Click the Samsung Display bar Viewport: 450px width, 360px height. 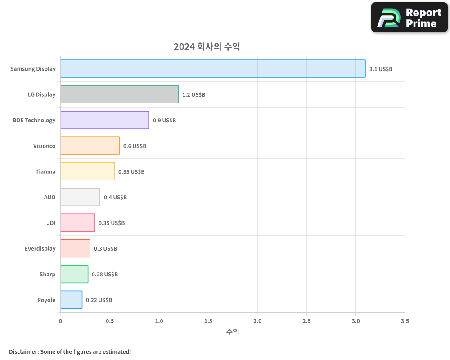[213, 68]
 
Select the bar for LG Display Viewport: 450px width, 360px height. [119, 94]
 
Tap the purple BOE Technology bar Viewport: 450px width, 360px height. [104, 120]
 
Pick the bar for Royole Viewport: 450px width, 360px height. [71, 300]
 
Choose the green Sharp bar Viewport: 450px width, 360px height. [74, 274]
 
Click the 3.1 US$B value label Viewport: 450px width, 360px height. [381, 69]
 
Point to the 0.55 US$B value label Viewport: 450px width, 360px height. [131, 171]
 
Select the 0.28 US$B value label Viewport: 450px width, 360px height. [105, 274]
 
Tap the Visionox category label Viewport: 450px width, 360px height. [44, 146]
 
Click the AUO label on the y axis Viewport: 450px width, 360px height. [49, 197]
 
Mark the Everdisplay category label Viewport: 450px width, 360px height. [40, 248]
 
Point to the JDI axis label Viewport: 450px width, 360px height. [51, 223]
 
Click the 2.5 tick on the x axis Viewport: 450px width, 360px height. [306, 321]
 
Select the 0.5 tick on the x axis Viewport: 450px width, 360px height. [110, 321]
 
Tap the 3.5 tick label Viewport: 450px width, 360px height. [405, 321]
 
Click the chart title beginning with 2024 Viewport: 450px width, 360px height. [207, 46]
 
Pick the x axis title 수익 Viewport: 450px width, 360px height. [233, 332]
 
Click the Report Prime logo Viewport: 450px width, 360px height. [409, 18]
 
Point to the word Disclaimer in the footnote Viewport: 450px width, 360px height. [23, 351]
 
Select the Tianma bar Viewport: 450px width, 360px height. [87, 171]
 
